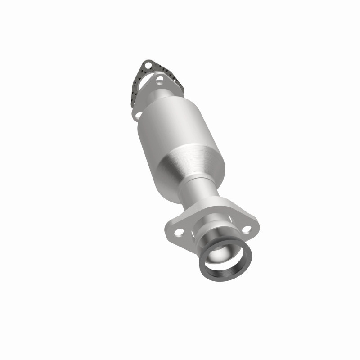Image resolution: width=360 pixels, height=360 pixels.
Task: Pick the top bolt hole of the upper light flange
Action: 159,81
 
